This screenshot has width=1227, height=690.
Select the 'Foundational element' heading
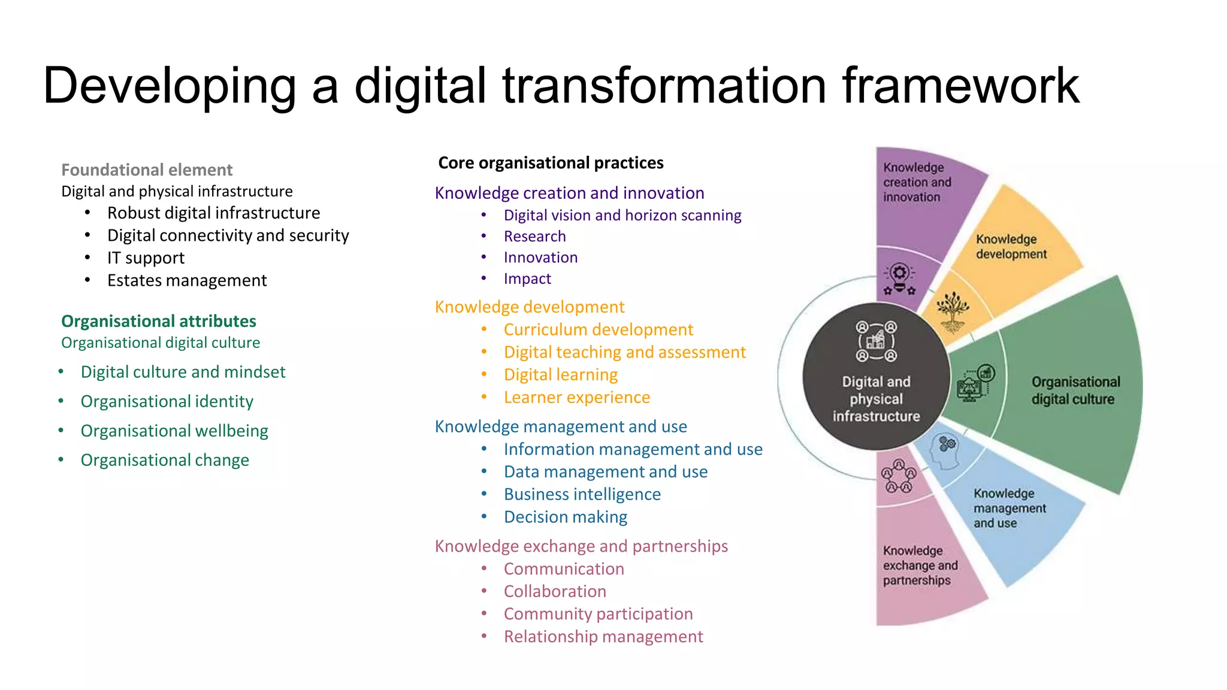[147, 170]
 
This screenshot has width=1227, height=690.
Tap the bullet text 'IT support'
[146, 258]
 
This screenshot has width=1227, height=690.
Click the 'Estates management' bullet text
[187, 280]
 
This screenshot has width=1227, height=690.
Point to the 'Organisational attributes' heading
[159, 321]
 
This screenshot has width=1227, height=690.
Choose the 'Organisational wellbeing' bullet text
[174, 431]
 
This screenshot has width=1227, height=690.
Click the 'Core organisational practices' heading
[551, 163]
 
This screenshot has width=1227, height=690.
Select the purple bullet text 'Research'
[534, 237]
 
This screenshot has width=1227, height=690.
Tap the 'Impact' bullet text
[527, 279]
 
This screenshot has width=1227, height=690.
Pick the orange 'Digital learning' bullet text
[561, 375]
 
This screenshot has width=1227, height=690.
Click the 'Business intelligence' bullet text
[582, 495]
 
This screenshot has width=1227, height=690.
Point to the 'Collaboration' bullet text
[555, 592]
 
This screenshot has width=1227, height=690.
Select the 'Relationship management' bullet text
[603, 637]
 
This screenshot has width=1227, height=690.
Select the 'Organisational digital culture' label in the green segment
[1075, 391]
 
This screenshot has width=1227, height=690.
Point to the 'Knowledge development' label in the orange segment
[1011, 247]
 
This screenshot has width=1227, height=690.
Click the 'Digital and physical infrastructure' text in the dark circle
[876, 399]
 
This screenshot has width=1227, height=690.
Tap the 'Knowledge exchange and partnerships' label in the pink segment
[920, 565]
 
